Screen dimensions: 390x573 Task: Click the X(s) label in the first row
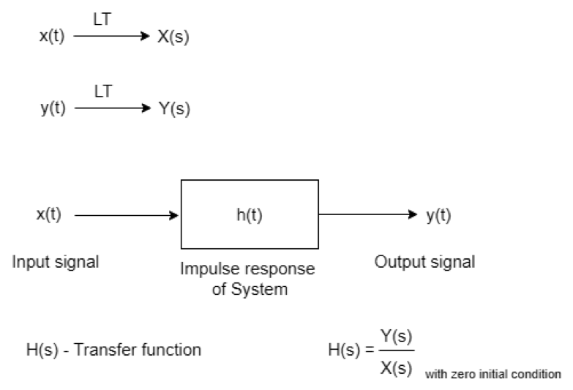(173, 37)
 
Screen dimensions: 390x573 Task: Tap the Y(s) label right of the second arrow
(173, 110)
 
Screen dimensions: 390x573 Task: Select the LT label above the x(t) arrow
(103, 16)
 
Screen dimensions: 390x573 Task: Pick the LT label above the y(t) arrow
(103, 89)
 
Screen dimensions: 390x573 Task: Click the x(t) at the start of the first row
(52, 37)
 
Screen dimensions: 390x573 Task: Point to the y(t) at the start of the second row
(52, 110)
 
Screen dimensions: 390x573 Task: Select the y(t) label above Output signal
(438, 215)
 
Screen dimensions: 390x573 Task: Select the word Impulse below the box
(209, 269)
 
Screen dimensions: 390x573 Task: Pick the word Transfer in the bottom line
(113, 350)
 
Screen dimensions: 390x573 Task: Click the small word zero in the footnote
(461, 375)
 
